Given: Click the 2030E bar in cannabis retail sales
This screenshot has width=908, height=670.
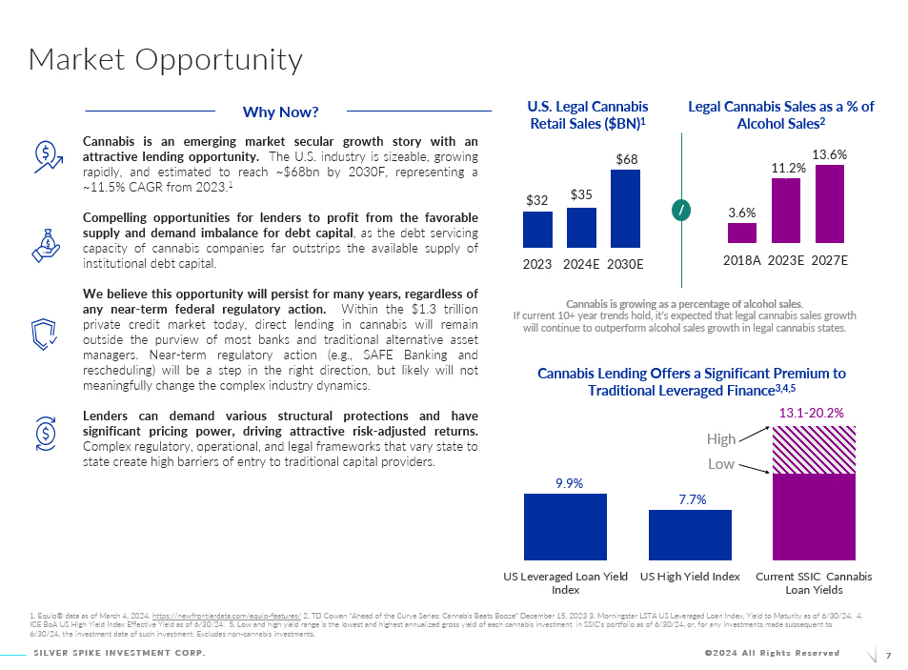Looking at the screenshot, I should coord(626,209).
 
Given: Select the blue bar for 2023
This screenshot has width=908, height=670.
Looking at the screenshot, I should coord(537,230).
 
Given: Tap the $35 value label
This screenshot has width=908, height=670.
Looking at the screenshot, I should coord(581,193).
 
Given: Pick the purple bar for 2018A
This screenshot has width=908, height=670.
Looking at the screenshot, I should coord(742,233).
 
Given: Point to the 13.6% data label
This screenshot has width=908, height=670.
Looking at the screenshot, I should coord(830,153).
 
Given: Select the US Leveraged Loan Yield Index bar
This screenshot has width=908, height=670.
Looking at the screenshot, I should coord(565,525).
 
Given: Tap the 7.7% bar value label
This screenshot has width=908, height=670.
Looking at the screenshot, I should coord(692,498).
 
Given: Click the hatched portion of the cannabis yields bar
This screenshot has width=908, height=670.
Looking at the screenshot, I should coord(813,449).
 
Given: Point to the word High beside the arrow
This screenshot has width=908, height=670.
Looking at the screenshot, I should coord(721,439).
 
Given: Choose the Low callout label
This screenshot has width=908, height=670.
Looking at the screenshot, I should coord(721,463).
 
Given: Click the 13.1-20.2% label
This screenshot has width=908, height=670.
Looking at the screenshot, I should coord(812,413).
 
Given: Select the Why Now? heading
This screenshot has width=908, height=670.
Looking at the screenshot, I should coord(280,112).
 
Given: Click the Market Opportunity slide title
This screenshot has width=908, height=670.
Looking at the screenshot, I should coord(166,60).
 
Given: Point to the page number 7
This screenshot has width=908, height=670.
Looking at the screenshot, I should coord(888,655).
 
